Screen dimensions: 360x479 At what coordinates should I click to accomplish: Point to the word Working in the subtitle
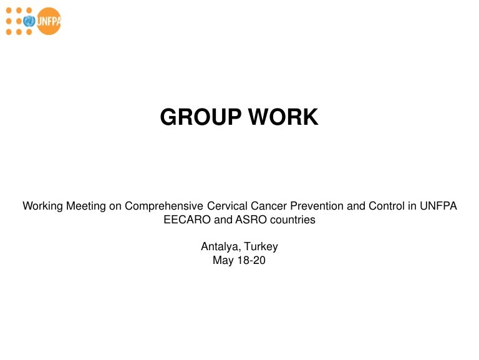[x=42, y=206]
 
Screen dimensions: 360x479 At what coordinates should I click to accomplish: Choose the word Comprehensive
[x=161, y=206]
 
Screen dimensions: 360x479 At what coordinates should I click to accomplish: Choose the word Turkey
[x=261, y=247]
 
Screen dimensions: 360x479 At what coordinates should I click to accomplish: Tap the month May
[x=223, y=261]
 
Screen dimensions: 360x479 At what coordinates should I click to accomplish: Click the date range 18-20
[x=251, y=261]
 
